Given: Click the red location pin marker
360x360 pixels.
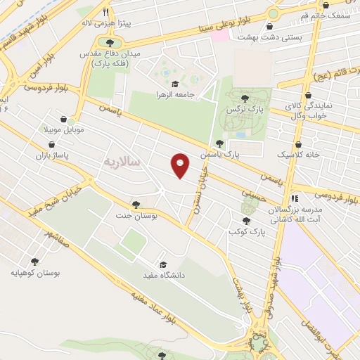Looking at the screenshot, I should click(x=181, y=165).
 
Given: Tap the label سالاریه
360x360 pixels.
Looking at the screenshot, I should click(x=122, y=162).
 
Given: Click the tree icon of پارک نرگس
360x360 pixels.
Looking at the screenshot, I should click(x=244, y=98).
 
